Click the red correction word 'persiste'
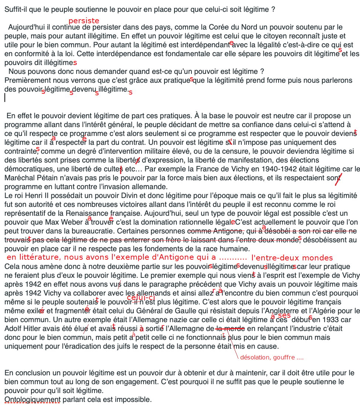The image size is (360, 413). [84, 21]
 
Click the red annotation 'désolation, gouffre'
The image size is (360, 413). [272, 358]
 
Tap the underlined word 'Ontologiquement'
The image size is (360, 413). [32, 399]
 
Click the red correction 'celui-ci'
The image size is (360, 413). [140, 298]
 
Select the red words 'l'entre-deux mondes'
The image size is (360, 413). [292, 258]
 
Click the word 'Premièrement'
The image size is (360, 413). [25, 80]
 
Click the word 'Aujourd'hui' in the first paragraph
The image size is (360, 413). [26, 27]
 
